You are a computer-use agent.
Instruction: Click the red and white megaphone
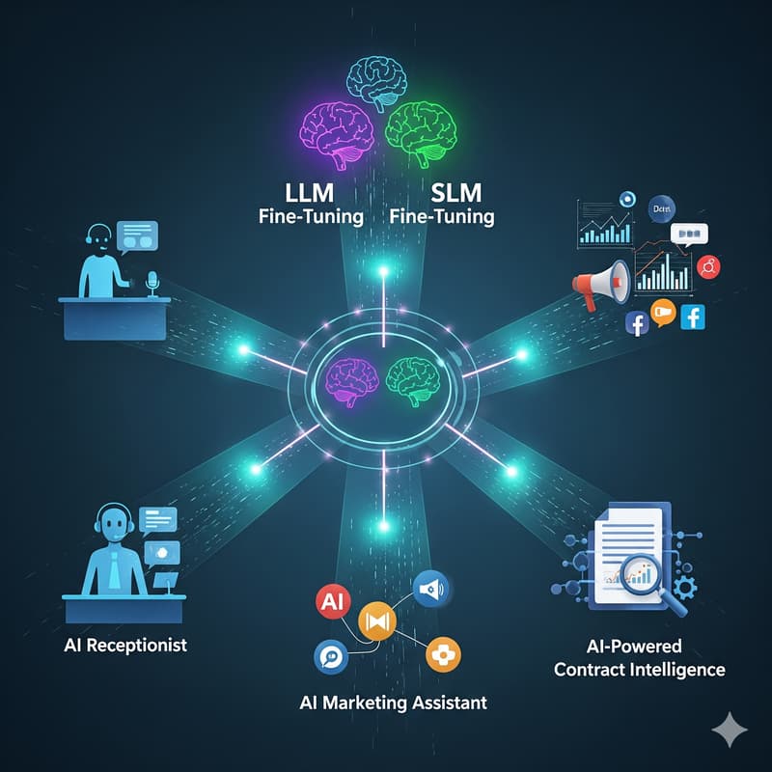(x=601, y=284)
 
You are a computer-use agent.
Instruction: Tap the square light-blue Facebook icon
(x=693, y=317)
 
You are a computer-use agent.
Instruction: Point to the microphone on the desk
(x=151, y=281)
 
